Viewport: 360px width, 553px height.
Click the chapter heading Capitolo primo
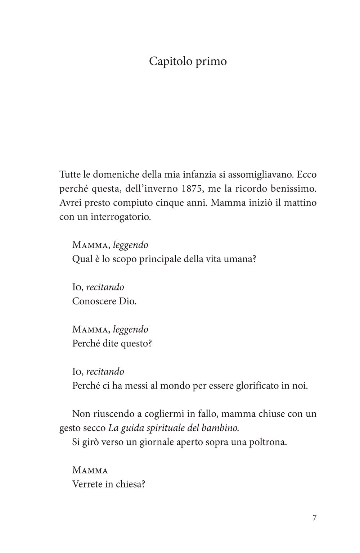click(188, 62)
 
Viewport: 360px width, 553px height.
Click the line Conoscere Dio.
click(104, 301)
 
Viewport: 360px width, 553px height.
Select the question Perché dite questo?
click(112, 343)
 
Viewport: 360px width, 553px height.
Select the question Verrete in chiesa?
click(109, 484)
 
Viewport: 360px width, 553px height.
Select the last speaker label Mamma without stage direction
click(90, 470)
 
